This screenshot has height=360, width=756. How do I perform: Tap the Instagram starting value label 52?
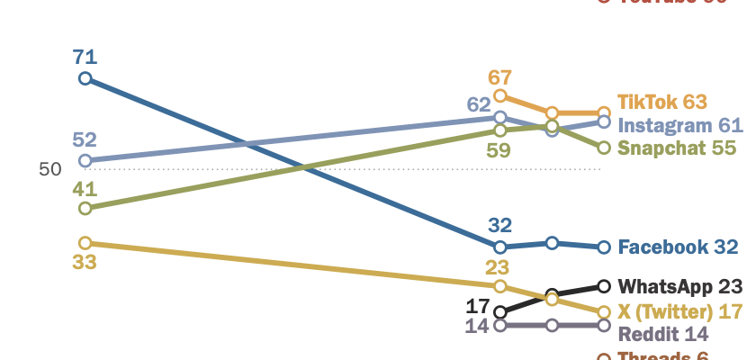(85, 140)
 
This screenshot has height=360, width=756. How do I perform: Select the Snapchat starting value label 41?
(85, 189)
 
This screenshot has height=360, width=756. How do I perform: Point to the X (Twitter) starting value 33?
(85, 263)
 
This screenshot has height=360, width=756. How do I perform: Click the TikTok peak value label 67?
(499, 76)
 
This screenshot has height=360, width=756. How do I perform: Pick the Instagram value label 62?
(479, 104)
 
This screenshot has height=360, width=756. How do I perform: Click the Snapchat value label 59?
(498, 150)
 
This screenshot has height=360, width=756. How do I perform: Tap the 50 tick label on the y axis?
(49, 169)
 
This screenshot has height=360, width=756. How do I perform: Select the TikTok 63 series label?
(662, 102)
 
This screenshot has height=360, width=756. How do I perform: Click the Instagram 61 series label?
(680, 125)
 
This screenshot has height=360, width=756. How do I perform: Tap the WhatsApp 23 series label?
(679, 287)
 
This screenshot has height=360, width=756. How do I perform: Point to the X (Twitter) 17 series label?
(679, 311)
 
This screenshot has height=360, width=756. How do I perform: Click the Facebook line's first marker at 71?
(85, 79)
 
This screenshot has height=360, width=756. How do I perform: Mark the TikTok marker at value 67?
(500, 95)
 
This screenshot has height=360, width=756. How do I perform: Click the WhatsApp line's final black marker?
(604, 286)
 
